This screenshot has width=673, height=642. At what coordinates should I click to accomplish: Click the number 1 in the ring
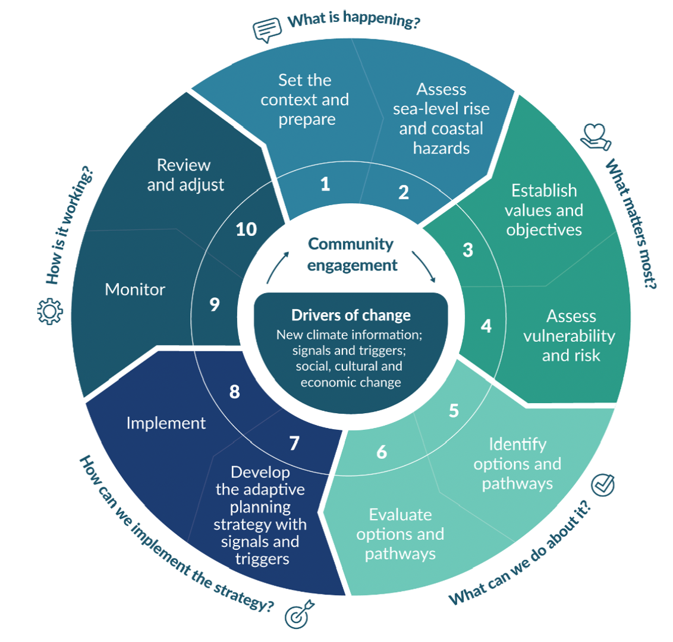[325, 184]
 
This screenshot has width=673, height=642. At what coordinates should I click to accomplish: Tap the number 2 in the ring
[404, 193]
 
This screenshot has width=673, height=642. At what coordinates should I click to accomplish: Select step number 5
[454, 411]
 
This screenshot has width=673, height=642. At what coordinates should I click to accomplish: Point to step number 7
[294, 443]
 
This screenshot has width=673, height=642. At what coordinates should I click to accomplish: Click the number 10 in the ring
[246, 229]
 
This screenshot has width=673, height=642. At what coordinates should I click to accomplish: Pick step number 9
[215, 304]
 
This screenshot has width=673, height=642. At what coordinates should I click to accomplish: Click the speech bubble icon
[266, 29]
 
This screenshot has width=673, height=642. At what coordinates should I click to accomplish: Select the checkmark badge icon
[603, 484]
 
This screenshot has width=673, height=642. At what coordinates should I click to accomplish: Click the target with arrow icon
[297, 615]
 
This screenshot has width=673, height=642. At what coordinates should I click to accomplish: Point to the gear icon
[49, 311]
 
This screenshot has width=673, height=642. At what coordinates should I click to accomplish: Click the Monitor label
[135, 289]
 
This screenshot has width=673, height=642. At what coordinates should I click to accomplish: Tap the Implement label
[166, 423]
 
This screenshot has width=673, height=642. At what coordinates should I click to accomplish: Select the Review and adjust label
[185, 175]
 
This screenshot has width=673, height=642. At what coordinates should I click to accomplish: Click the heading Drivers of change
[351, 315]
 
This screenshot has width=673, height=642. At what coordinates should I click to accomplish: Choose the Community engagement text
[351, 254]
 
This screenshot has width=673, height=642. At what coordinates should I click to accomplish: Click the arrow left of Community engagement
[278, 266]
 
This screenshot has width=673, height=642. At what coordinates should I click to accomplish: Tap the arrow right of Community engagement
[424, 267]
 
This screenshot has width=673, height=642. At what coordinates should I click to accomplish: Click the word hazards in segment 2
[441, 148]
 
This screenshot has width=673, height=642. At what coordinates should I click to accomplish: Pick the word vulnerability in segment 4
[569, 336]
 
